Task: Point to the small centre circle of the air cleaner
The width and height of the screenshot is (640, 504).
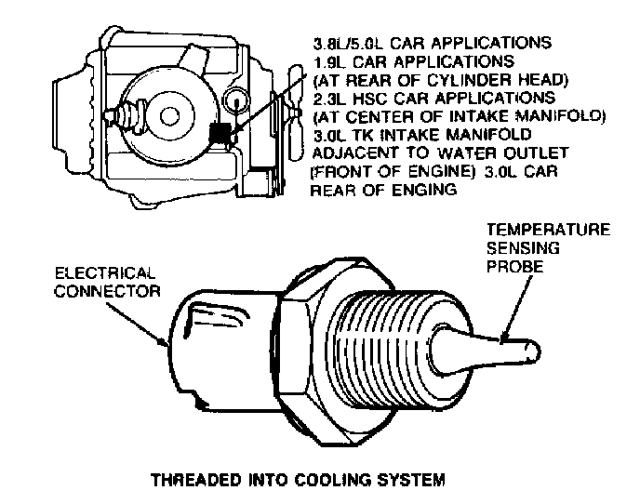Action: coord(169,114)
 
